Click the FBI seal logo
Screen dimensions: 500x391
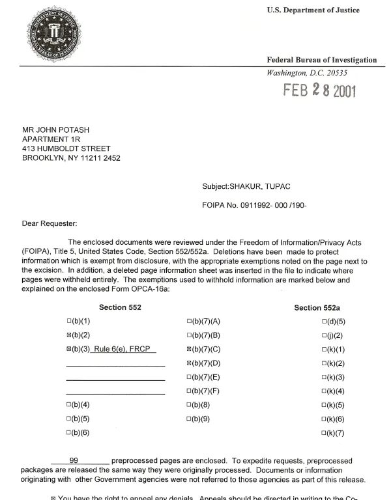click(x=57, y=37)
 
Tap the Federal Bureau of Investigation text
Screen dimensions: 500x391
click(x=322, y=60)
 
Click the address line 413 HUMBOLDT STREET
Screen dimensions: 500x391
click(x=65, y=148)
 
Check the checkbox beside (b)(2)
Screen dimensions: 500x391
click(x=69, y=335)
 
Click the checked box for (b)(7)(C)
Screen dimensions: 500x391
click(x=189, y=350)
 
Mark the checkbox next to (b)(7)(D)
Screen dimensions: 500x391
click(x=189, y=363)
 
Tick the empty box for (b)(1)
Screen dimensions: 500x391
click(x=69, y=322)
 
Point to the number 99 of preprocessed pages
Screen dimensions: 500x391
click(x=74, y=460)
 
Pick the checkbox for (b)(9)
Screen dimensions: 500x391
click(x=189, y=419)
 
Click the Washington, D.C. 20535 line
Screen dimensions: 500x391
click(x=304, y=73)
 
